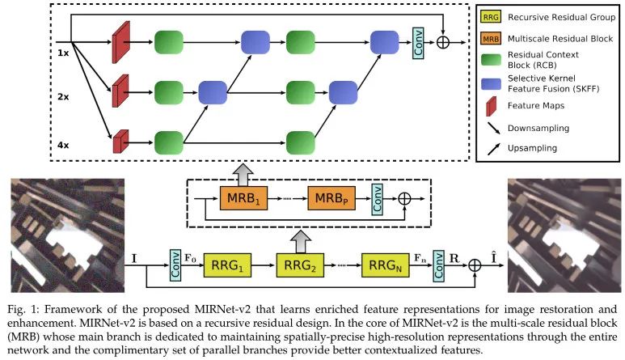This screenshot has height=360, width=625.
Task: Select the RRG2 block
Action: click(299, 264)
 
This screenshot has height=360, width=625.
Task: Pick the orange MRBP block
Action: click(333, 197)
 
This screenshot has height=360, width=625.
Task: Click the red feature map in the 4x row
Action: click(120, 142)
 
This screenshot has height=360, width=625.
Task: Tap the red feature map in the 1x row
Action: click(120, 40)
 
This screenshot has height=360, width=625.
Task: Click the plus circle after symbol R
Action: click(475, 264)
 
